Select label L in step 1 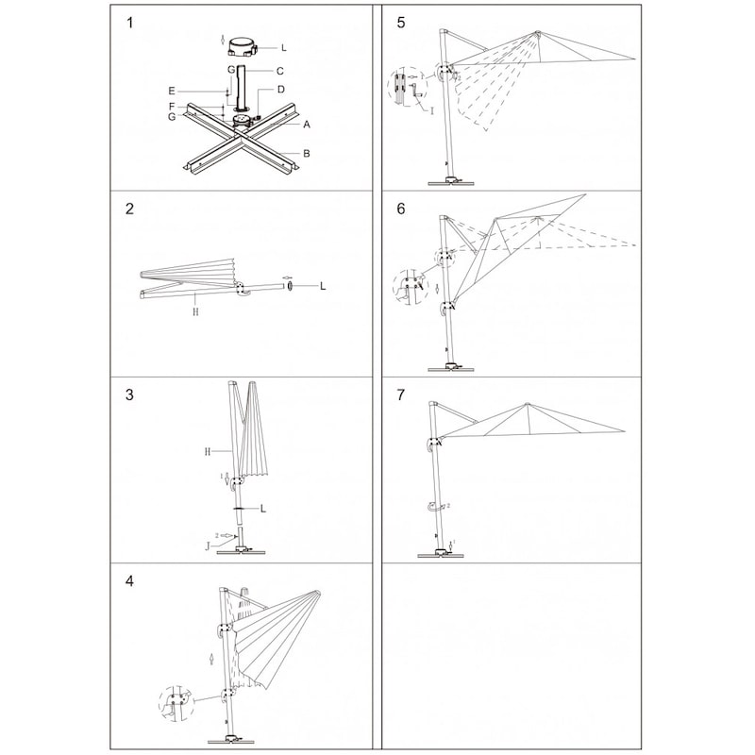(x=284, y=46)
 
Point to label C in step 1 (x=280, y=71)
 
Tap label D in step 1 (x=281, y=90)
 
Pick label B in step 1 (x=307, y=153)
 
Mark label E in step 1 (x=172, y=91)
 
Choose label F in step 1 (x=172, y=106)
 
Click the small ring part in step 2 (x=290, y=285)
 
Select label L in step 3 (x=263, y=509)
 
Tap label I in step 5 (x=431, y=110)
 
